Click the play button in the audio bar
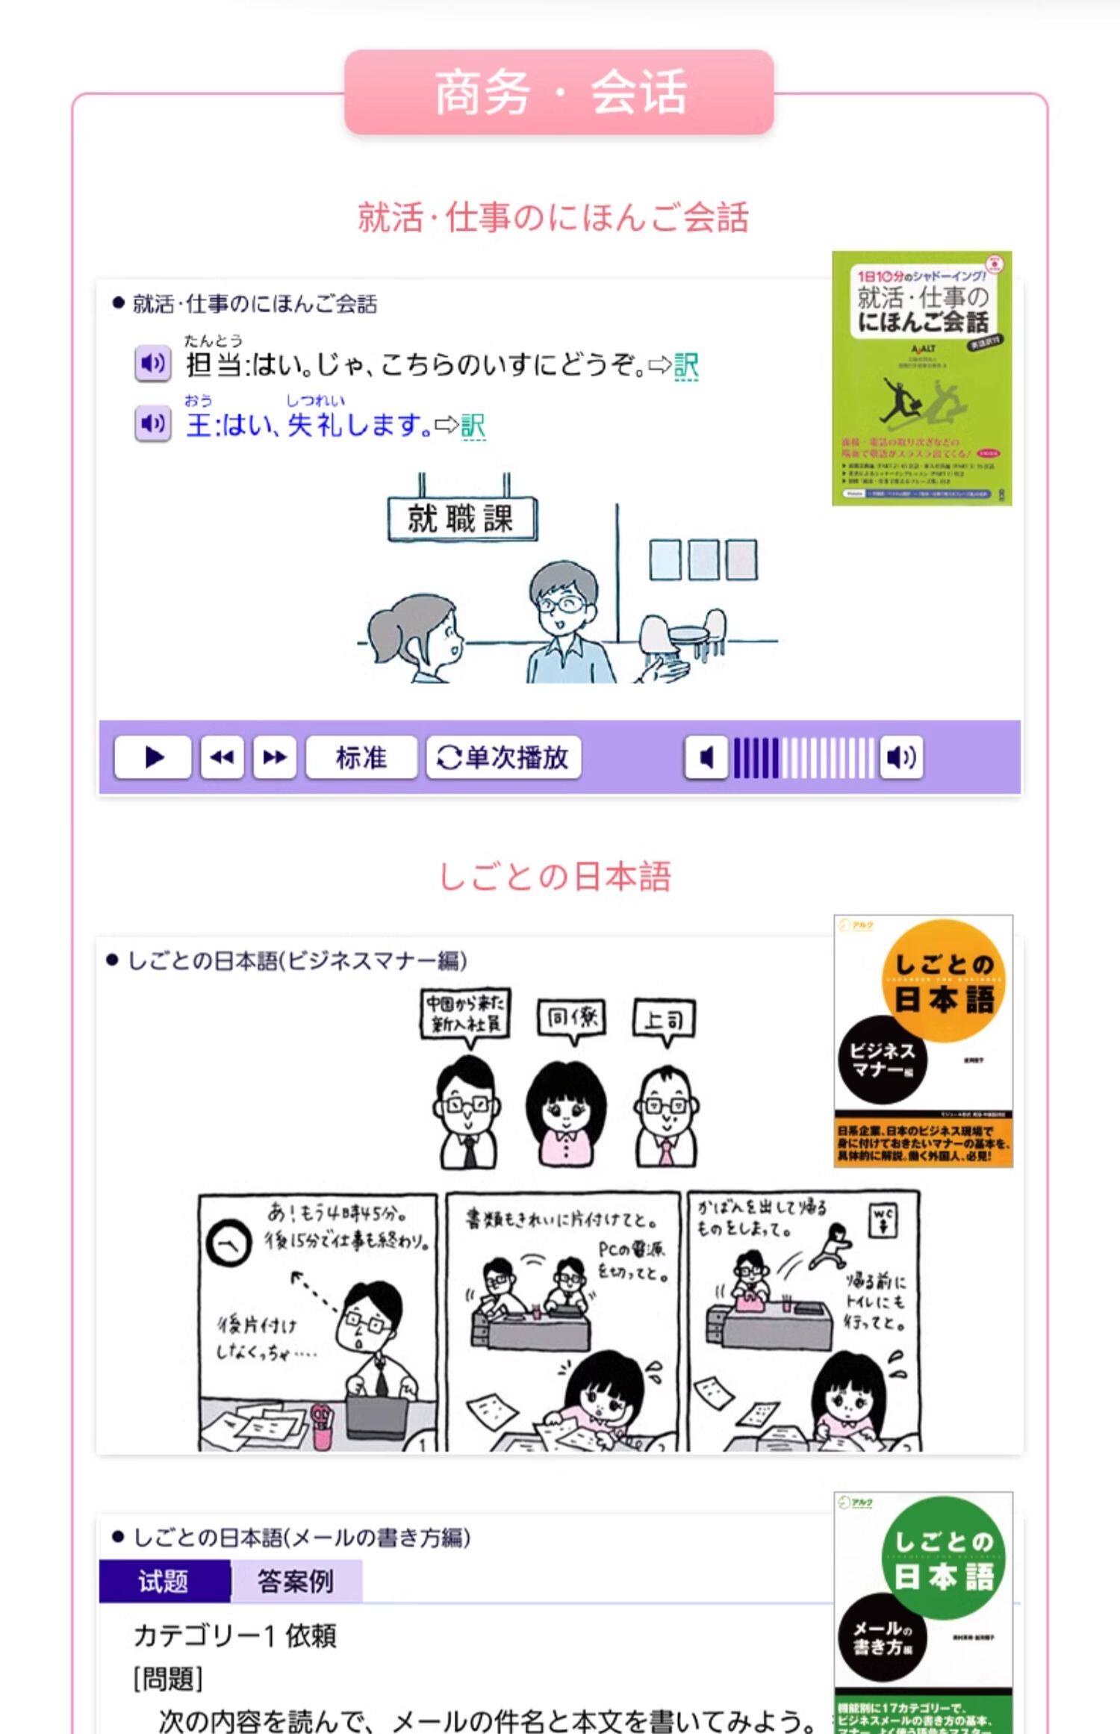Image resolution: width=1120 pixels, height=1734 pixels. (x=153, y=757)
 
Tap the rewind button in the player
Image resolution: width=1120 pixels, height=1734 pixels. (x=222, y=757)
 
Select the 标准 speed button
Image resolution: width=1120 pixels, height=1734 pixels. (x=361, y=757)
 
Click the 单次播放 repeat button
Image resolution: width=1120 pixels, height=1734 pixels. (x=503, y=757)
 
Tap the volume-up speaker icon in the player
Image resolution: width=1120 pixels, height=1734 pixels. (x=900, y=757)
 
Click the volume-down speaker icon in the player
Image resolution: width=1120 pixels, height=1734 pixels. (x=706, y=757)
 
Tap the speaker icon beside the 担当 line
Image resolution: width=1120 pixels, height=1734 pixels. (x=153, y=364)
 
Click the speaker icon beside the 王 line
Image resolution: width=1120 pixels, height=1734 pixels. (x=153, y=423)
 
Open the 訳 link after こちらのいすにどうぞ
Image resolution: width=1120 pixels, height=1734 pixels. (x=686, y=366)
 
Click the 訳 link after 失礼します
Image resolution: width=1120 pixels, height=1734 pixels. (x=473, y=426)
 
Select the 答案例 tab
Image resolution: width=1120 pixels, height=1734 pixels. (x=296, y=1581)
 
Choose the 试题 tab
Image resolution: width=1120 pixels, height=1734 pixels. (x=164, y=1581)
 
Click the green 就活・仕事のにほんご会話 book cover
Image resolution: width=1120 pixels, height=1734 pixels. (x=921, y=378)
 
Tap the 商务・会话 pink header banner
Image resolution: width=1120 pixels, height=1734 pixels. (x=559, y=92)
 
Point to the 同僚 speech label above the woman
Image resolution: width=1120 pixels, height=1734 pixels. (x=572, y=1018)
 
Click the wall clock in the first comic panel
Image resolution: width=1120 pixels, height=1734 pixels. (x=228, y=1243)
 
